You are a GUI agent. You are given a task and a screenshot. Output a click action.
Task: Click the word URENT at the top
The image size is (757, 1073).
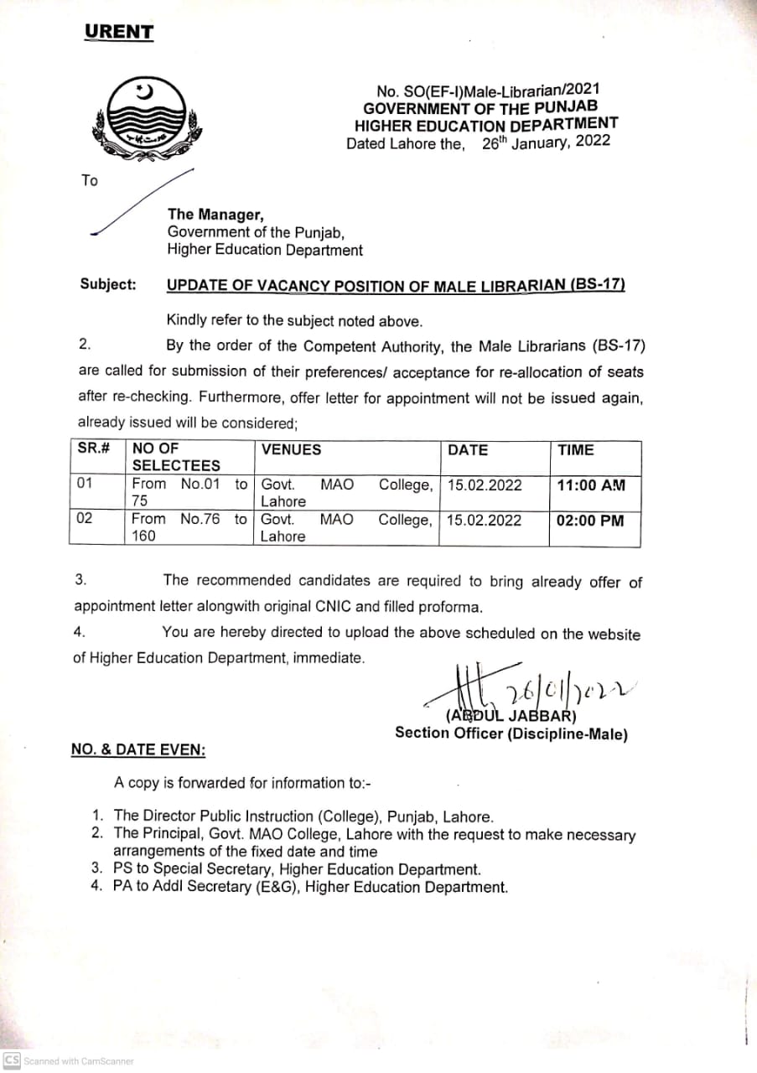coord(119,33)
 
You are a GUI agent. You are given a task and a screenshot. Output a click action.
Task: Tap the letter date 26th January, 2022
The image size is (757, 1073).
coord(546,142)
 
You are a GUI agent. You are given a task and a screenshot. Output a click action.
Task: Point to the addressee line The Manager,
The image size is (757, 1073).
coord(215,215)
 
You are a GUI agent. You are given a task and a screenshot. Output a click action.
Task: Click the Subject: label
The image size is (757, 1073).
coord(108,284)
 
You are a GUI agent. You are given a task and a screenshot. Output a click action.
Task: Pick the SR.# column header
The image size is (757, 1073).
coord(95,450)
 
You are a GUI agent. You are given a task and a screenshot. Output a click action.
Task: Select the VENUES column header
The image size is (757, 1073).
coord(291,450)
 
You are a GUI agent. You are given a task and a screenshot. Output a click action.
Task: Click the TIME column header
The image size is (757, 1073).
coord(576,450)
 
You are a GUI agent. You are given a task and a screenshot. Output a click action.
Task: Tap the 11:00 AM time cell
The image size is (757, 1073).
coord(590,485)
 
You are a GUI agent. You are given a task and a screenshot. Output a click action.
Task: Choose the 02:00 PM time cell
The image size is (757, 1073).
coord(590,520)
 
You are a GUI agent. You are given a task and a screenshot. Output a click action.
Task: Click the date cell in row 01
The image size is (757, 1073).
coord(485,485)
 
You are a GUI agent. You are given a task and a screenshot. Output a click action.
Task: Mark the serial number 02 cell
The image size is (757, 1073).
coord(86,518)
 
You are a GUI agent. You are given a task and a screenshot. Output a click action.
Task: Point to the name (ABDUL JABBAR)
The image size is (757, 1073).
coord(511,716)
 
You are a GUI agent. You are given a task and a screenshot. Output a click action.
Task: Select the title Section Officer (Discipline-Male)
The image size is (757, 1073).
coord(511,733)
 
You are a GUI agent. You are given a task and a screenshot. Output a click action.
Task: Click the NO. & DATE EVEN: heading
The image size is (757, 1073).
coord(138,749)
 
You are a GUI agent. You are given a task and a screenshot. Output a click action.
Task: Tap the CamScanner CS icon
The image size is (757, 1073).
coord(12,1060)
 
